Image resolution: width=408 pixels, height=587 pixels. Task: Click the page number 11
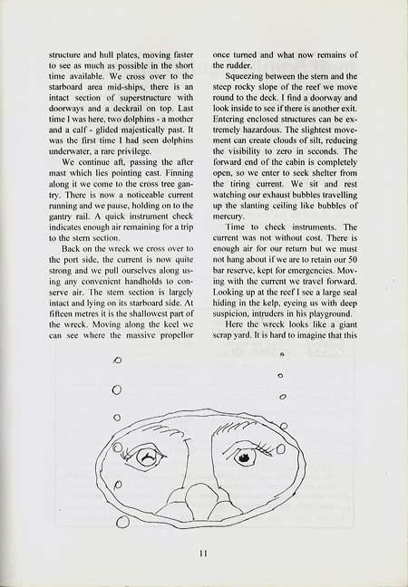coord(204,546)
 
